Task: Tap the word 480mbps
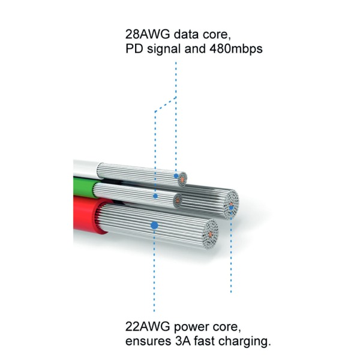(236, 49)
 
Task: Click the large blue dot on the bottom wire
(154, 226)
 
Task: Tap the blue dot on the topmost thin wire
(176, 176)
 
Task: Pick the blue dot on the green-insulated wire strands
(155, 196)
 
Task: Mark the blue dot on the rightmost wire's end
(231, 208)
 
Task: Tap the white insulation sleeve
(86, 169)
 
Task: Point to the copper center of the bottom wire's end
(211, 234)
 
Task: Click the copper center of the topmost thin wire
(182, 180)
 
